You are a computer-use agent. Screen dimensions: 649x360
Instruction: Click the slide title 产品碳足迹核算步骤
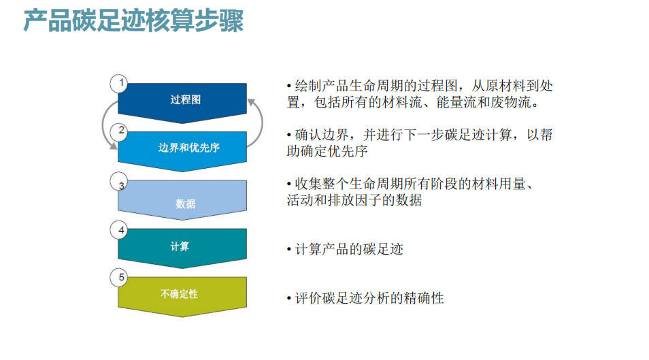click(133, 20)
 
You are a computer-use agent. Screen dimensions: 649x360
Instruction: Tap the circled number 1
click(119, 83)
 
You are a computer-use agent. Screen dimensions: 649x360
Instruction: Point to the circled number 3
click(119, 182)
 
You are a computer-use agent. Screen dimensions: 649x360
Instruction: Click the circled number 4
click(119, 230)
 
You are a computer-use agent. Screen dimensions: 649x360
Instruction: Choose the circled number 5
click(119, 278)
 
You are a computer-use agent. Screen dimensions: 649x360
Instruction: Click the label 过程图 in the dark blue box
click(186, 99)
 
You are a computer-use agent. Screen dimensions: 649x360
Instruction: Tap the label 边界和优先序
click(188, 148)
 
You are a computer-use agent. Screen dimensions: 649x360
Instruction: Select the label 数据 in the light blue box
click(186, 203)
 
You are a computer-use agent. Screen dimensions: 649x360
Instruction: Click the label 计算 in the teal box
click(180, 246)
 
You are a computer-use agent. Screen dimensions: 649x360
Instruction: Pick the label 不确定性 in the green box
click(179, 294)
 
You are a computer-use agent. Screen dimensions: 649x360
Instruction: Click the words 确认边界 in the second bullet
click(322, 135)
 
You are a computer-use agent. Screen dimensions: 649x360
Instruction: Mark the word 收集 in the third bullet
click(308, 184)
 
